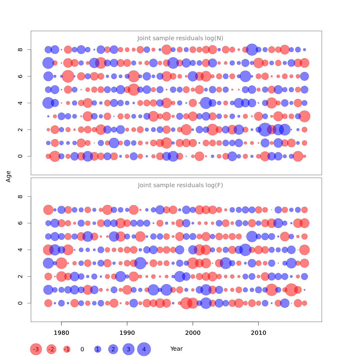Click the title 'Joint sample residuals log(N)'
point(180,38)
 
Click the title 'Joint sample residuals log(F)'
point(180,185)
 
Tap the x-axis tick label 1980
point(61,333)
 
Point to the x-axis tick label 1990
point(127,333)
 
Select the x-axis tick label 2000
point(193,333)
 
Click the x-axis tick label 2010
point(258,333)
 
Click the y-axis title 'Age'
point(8,176)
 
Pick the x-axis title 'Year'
point(176,349)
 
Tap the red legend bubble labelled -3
point(36,349)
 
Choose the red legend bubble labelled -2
point(52,349)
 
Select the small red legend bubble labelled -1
point(67,349)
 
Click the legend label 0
point(82,349)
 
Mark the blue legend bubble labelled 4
point(144,349)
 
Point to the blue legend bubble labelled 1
point(97,349)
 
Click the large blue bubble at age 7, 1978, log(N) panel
point(48,63)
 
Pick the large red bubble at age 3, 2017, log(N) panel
point(304,116)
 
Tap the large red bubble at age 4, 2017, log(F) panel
point(304,250)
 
